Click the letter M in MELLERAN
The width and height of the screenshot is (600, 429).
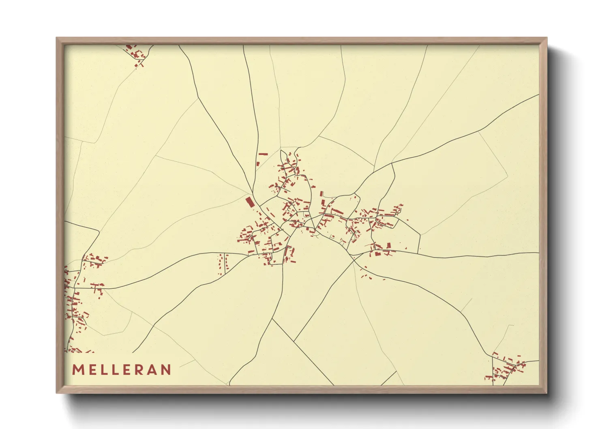click(x=78, y=370)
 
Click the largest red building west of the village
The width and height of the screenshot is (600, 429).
click(x=249, y=202)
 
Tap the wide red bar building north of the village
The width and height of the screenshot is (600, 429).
click(x=264, y=154)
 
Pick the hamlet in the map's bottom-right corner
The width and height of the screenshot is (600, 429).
click(x=507, y=369)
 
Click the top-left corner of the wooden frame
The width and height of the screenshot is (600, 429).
click(x=57, y=39)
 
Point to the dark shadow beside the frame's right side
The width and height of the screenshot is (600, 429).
click(x=557, y=219)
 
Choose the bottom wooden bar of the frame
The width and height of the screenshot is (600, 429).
click(x=302, y=389)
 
